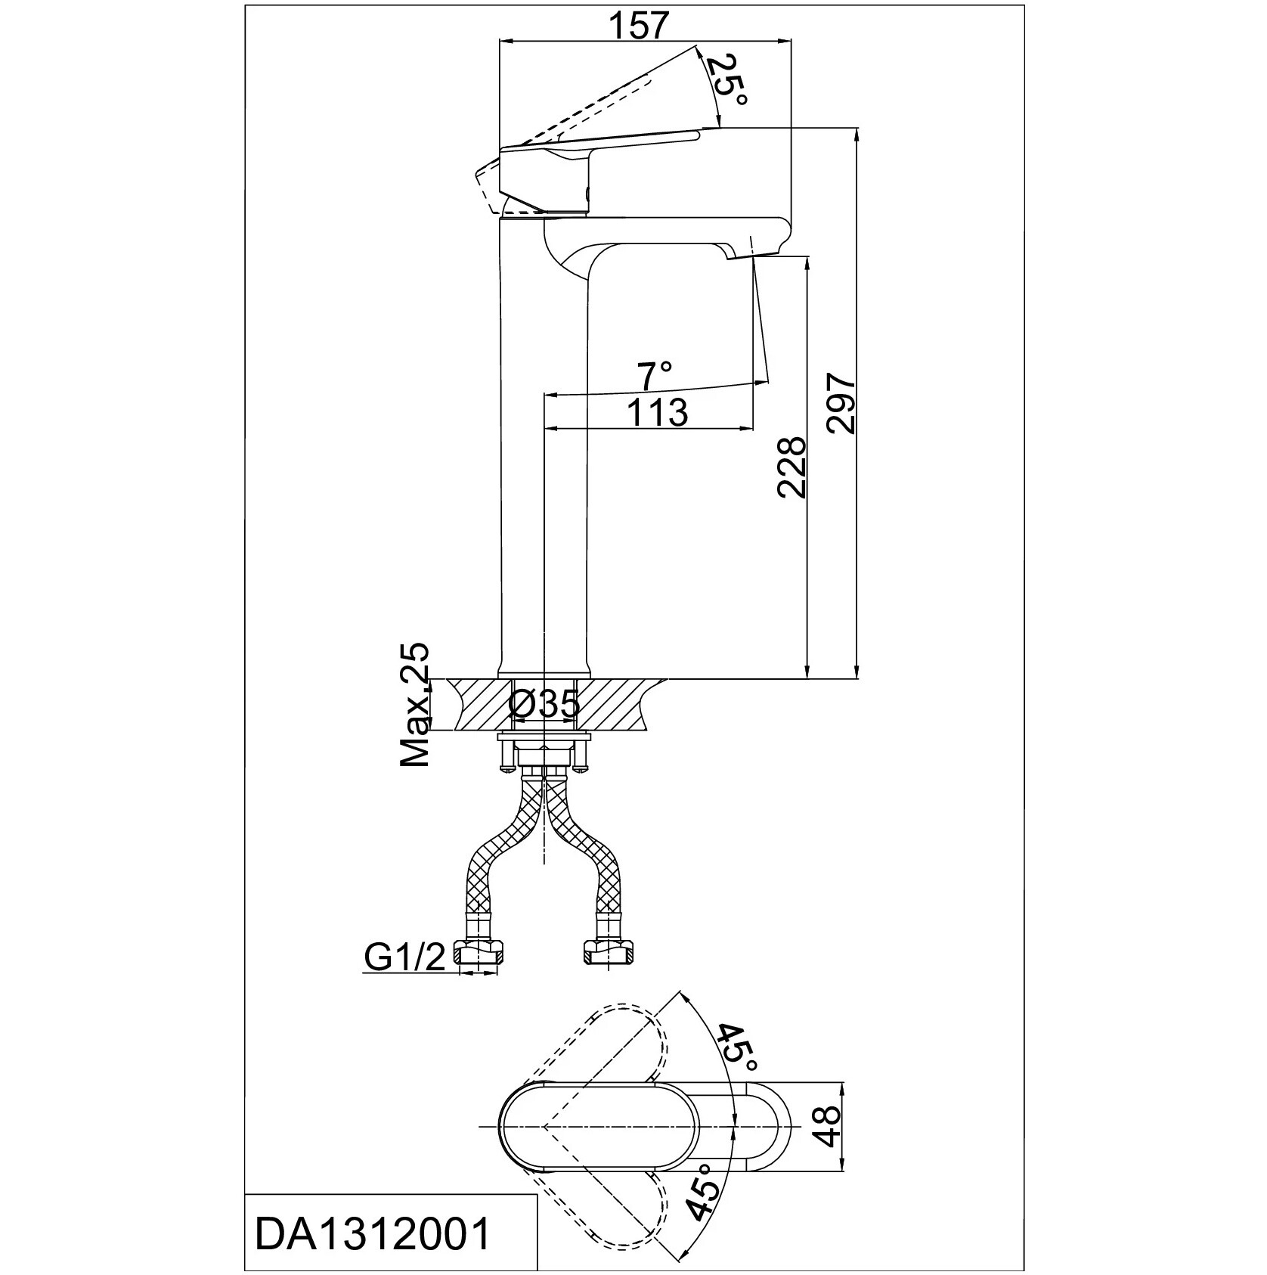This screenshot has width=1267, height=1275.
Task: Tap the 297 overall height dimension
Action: pyautogui.click(x=841, y=402)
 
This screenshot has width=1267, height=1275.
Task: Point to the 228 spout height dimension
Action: pyautogui.click(x=791, y=467)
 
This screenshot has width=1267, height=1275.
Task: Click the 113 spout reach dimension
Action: pyautogui.click(x=657, y=413)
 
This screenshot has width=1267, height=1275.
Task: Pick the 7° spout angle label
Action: pyautogui.click(x=655, y=374)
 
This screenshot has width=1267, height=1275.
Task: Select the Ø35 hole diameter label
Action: pyautogui.click(x=544, y=705)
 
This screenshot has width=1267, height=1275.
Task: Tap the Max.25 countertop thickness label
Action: pyautogui.click(x=414, y=706)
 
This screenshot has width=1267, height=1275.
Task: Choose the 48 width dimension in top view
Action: pyautogui.click(x=829, y=1126)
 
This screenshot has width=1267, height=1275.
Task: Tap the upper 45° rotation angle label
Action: pyautogui.click(x=736, y=1048)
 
